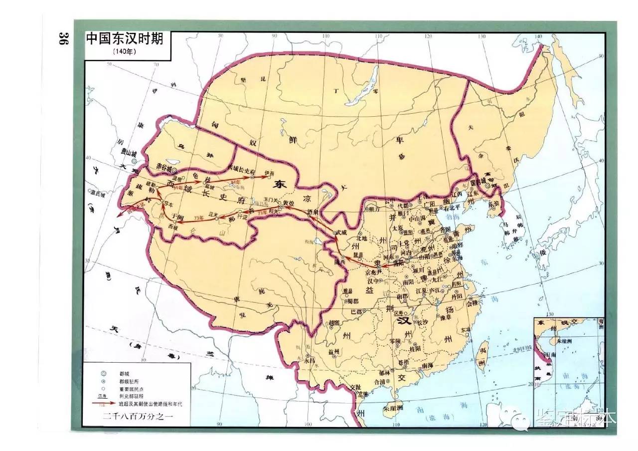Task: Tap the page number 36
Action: coord(63,39)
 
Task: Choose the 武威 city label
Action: coord(340,232)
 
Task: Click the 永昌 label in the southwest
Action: coord(310,360)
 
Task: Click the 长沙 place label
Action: coord(422,322)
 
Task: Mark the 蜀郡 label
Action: coord(353,300)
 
